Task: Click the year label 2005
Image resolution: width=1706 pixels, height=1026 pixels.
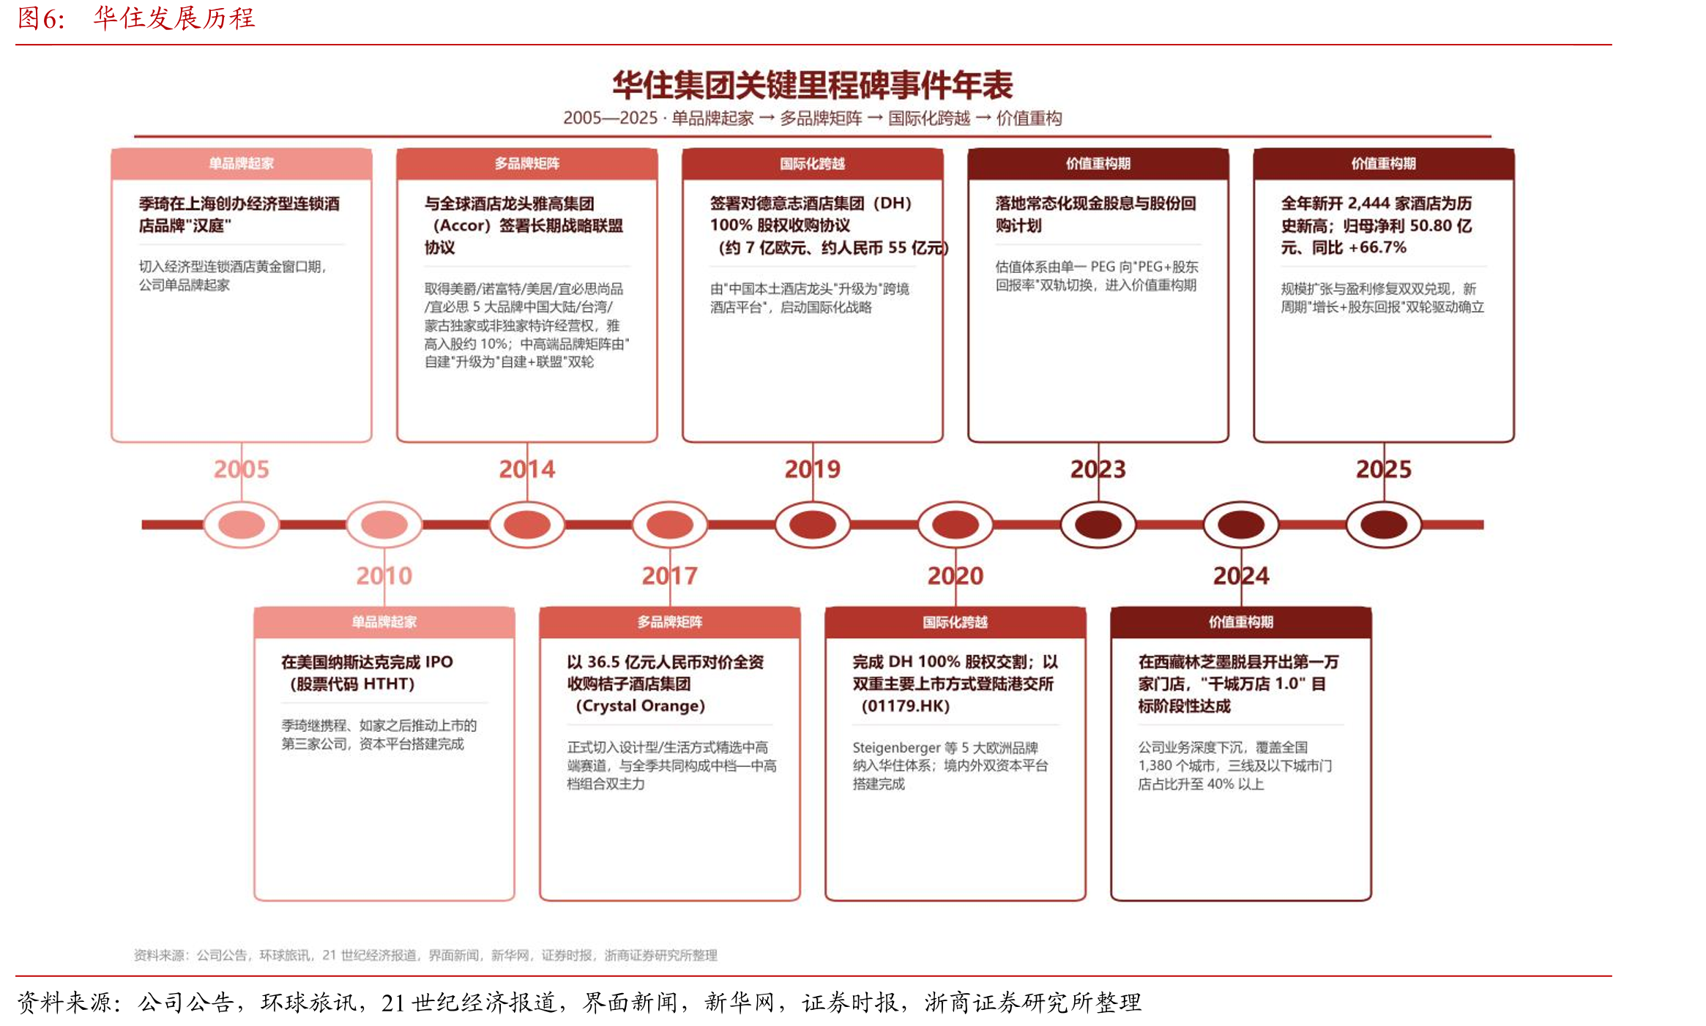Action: point(241,469)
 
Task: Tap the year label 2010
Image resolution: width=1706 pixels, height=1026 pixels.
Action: point(384,576)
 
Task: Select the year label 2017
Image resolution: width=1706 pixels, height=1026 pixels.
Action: point(669,576)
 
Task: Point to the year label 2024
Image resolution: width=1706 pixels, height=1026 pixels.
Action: point(1240,576)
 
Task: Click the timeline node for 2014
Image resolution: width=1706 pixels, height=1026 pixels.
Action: point(526,525)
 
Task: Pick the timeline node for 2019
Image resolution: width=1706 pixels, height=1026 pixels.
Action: point(812,525)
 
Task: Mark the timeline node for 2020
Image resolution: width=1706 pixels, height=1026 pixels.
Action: point(955,525)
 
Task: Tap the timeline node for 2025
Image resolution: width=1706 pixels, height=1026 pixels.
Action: point(1383,525)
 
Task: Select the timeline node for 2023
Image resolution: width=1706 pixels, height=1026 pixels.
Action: point(1098,525)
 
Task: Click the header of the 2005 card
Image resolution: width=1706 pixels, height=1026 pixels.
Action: point(241,164)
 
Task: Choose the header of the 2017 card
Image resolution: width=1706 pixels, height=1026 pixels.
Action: point(669,622)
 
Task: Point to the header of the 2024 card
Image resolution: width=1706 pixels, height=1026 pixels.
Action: point(1240,622)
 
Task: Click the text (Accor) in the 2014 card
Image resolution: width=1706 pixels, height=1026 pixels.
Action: point(461,225)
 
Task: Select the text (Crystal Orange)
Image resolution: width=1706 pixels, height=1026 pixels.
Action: point(640,706)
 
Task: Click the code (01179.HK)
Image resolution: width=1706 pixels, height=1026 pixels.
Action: point(905,706)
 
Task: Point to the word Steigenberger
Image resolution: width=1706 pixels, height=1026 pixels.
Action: point(896,748)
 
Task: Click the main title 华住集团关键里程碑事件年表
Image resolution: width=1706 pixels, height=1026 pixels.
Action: point(813,85)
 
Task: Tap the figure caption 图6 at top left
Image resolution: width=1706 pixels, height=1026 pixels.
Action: point(42,18)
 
